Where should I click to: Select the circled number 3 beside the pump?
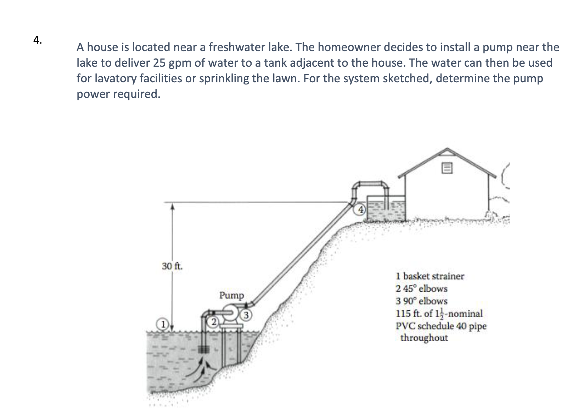click(246, 315)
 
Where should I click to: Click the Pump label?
click(231, 295)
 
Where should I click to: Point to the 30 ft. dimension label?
click(172, 266)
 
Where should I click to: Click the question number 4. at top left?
click(38, 40)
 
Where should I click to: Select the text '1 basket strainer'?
click(430, 276)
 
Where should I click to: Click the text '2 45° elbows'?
click(421, 288)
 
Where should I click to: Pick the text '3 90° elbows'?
click(421, 301)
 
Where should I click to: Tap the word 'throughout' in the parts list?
click(424, 338)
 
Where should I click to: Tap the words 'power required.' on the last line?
click(118, 94)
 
